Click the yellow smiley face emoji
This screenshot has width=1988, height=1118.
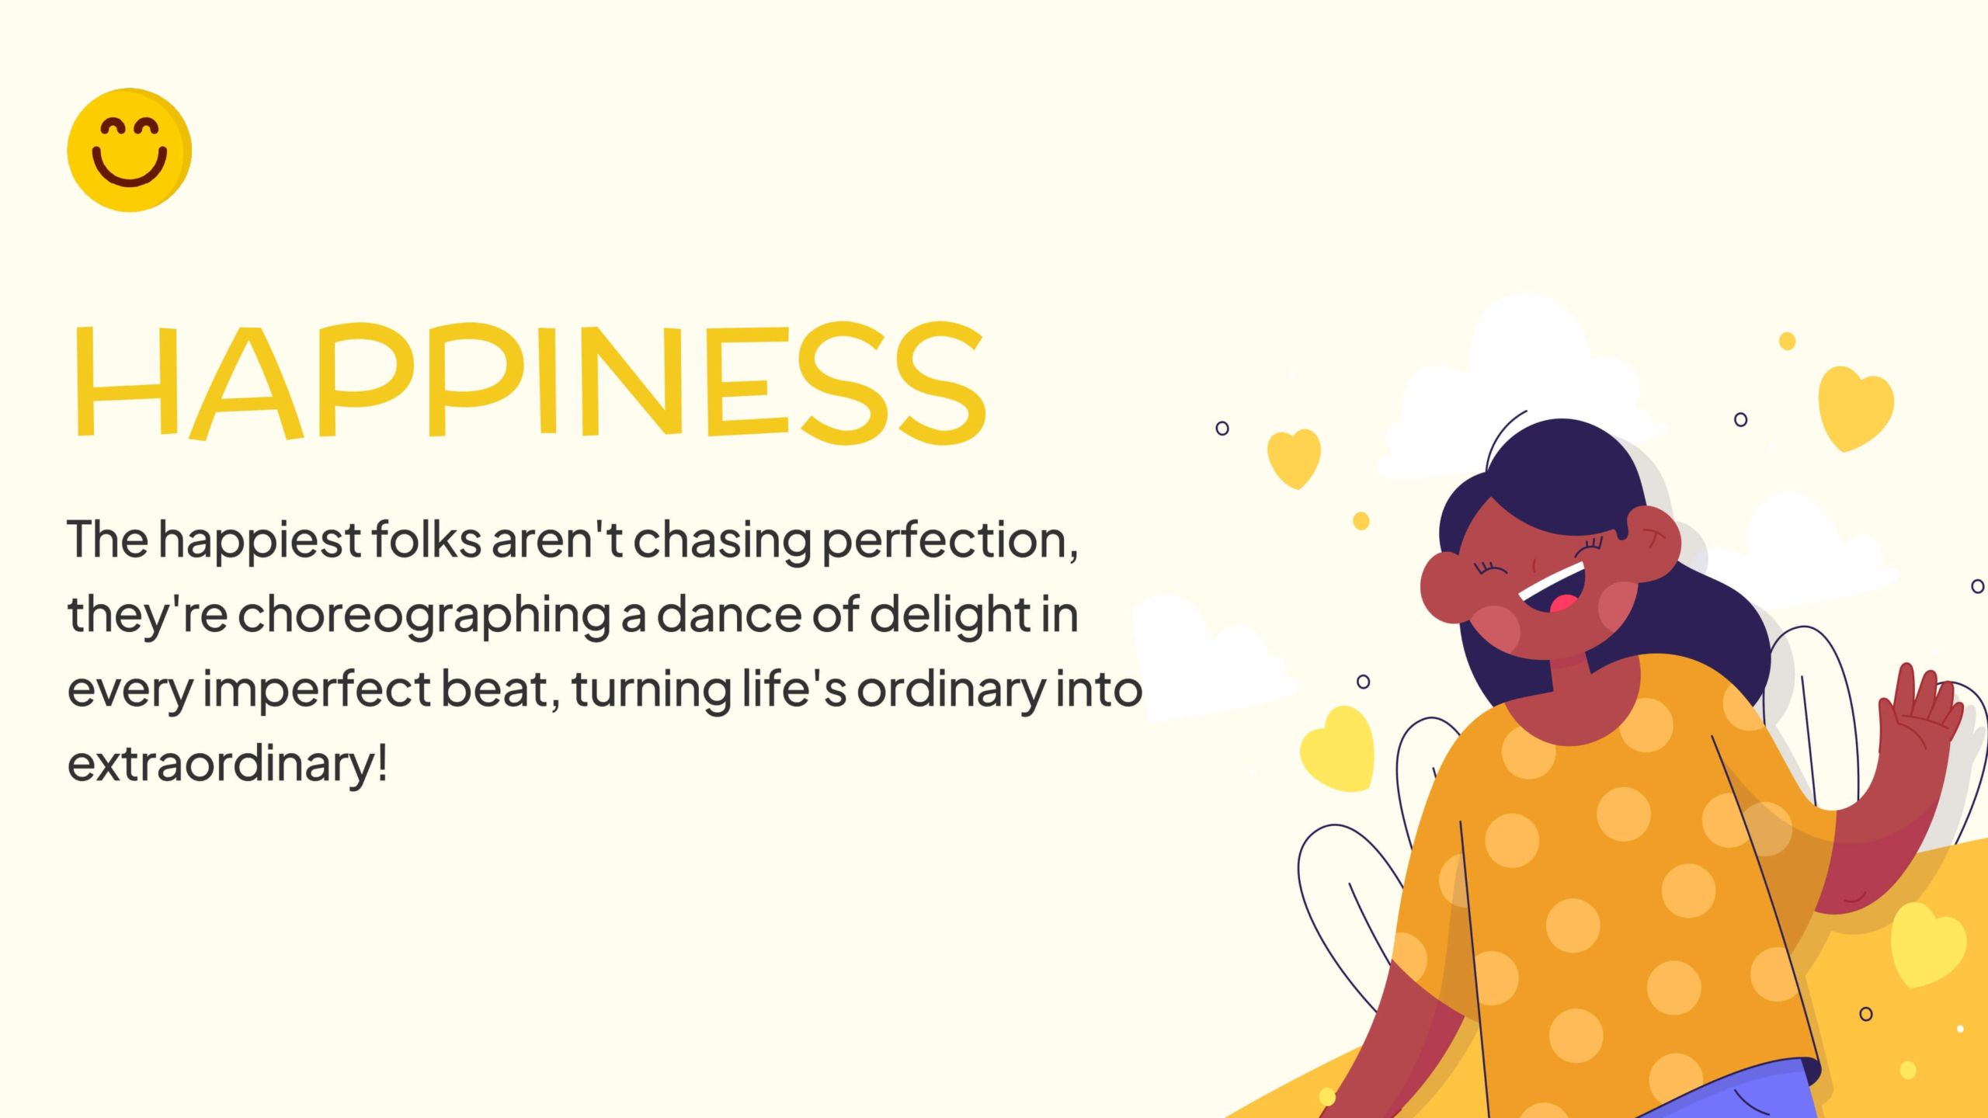tap(129, 150)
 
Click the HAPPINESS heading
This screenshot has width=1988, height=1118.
tap(530, 382)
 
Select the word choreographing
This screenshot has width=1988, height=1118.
tap(424, 616)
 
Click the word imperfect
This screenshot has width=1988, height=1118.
tap(317, 690)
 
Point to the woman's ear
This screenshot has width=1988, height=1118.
tap(1653, 543)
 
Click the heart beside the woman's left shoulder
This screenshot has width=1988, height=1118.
tap(1337, 749)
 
